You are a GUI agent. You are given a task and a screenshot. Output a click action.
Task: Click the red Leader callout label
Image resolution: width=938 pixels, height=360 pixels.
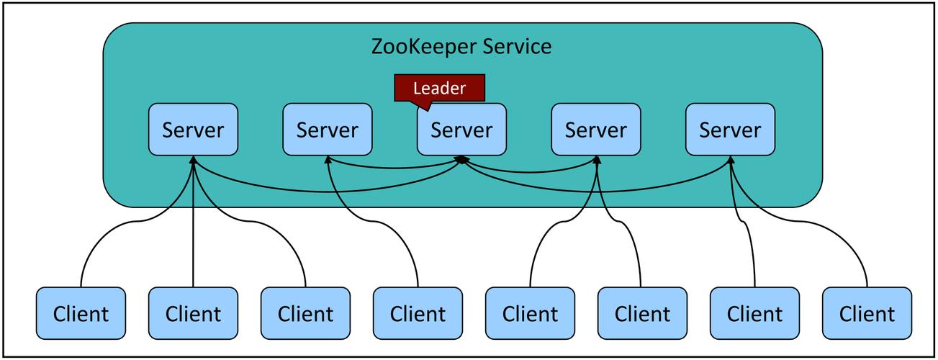tap(439, 89)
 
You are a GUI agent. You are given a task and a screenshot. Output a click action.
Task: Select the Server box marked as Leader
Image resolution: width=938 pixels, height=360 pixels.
tap(461, 130)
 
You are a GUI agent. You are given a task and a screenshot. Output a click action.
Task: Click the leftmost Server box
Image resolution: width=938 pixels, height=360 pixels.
tap(193, 130)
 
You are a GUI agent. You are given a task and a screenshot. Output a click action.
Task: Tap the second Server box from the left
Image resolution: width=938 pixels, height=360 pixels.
tap(328, 130)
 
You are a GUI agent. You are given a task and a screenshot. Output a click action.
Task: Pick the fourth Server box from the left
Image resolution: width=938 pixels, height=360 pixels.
tap(596, 130)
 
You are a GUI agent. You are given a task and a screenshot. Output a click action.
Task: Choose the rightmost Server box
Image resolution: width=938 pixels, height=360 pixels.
tap(730, 130)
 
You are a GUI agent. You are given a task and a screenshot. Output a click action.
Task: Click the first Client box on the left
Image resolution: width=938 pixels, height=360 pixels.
tap(81, 314)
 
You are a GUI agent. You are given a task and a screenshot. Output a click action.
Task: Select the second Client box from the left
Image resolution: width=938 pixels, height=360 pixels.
tap(193, 314)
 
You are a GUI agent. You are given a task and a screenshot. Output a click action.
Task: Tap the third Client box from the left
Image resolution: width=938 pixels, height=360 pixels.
tap(305, 314)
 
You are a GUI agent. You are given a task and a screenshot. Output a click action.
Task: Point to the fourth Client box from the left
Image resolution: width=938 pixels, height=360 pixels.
tap(418, 314)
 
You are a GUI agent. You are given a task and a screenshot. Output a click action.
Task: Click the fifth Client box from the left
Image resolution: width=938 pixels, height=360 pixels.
tap(530, 314)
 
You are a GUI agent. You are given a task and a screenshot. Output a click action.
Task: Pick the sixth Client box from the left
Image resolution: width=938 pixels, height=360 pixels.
tap(642, 314)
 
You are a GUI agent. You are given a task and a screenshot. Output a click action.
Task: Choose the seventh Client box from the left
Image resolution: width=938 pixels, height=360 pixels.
tap(754, 314)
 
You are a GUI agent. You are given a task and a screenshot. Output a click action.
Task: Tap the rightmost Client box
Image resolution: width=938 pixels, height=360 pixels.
tap(867, 314)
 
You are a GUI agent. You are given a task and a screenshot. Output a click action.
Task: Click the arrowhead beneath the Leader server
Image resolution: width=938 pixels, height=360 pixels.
tap(461, 159)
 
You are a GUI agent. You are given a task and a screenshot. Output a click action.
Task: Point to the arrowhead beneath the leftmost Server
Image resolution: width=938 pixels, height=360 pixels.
tap(193, 160)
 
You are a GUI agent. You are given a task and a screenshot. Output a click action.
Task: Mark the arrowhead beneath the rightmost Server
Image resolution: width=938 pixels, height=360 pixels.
tap(730, 160)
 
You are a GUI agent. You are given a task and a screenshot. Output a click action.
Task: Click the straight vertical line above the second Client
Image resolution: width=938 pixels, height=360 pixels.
tap(193, 230)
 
